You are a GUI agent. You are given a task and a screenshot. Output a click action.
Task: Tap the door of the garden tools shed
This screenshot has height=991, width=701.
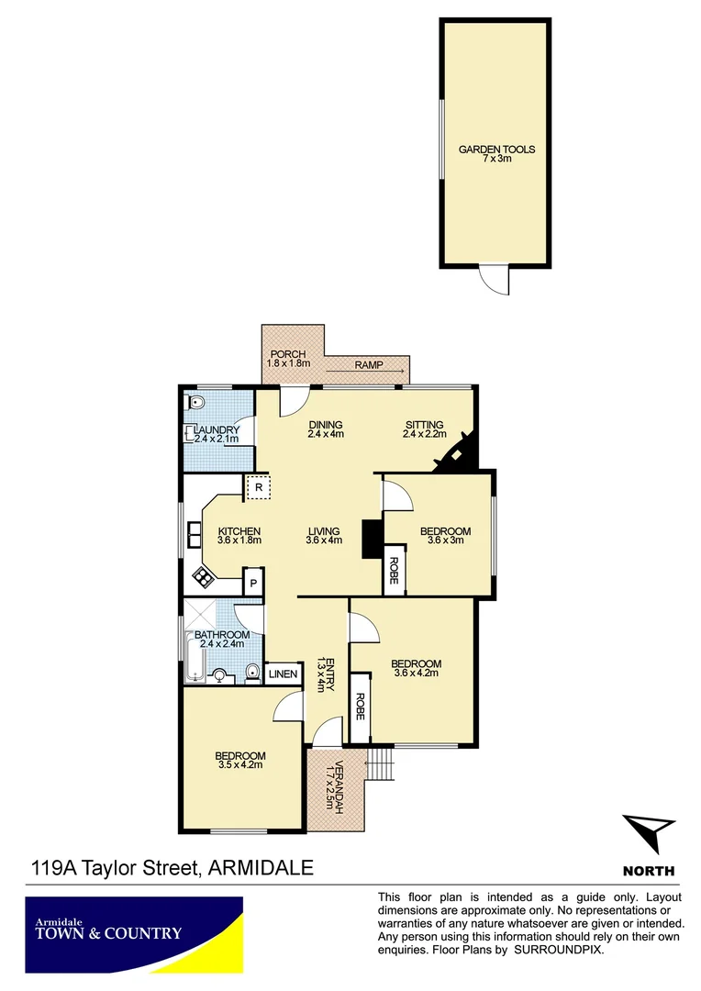495,278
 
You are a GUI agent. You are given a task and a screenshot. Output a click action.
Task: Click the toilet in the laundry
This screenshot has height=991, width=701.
195,403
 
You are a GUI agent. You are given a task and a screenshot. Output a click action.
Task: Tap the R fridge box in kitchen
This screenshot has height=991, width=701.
259,488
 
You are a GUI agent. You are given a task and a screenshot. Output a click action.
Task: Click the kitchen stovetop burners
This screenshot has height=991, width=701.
201,576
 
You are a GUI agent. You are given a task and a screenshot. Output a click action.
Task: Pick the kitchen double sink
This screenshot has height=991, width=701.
195,534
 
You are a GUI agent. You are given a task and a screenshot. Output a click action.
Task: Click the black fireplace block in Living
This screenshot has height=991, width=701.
372,539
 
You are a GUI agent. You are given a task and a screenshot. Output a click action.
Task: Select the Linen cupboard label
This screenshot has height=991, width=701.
284,674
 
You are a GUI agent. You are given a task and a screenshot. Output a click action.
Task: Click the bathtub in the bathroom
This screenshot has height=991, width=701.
194,657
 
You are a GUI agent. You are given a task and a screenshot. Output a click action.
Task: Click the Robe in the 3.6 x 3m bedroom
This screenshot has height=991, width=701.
394,570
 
